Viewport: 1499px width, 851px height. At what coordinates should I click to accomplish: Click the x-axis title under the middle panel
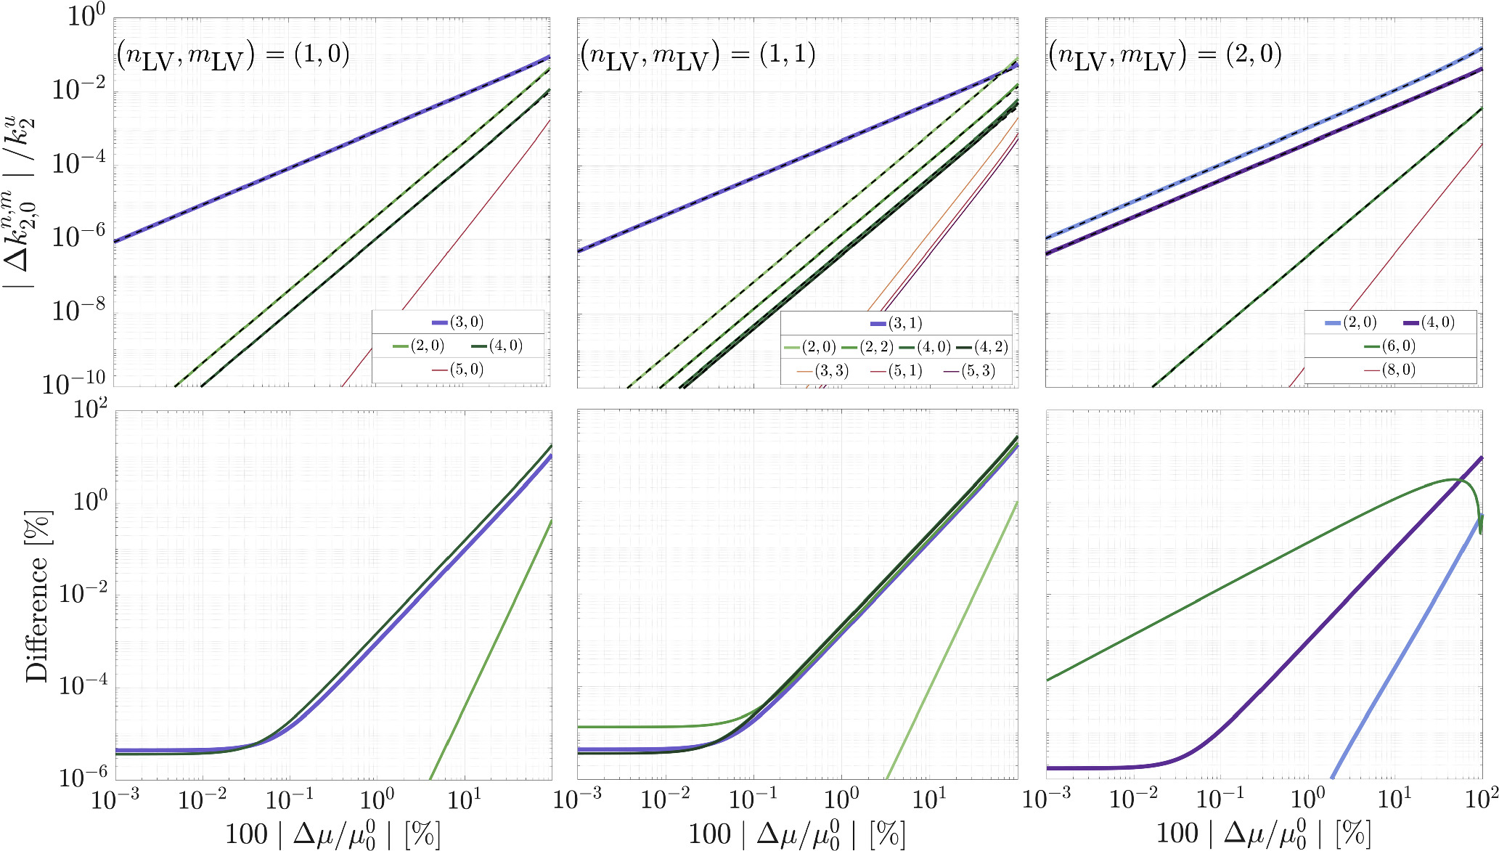tap(796, 834)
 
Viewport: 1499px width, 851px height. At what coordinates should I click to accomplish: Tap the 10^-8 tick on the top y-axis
tap(78, 310)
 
